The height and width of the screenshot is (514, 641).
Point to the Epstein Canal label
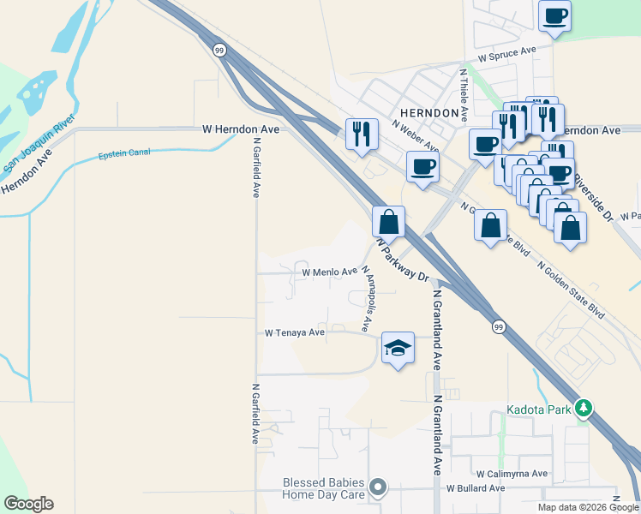coord(124,153)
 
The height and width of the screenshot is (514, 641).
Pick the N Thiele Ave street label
coord(464,94)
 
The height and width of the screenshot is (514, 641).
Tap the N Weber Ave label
coord(415,134)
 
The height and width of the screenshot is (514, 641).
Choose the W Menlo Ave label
coord(329,272)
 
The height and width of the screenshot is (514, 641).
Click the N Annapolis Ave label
coord(368,298)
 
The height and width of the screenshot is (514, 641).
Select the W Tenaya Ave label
coord(295,332)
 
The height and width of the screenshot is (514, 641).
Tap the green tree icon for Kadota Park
coord(584,408)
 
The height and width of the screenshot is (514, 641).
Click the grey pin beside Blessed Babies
coord(377,489)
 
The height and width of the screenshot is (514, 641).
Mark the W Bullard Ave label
coord(475,488)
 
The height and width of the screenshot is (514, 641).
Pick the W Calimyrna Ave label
coord(512,473)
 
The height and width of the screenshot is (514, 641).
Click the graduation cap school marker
coord(397,347)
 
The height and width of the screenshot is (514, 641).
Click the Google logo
coord(28,504)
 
